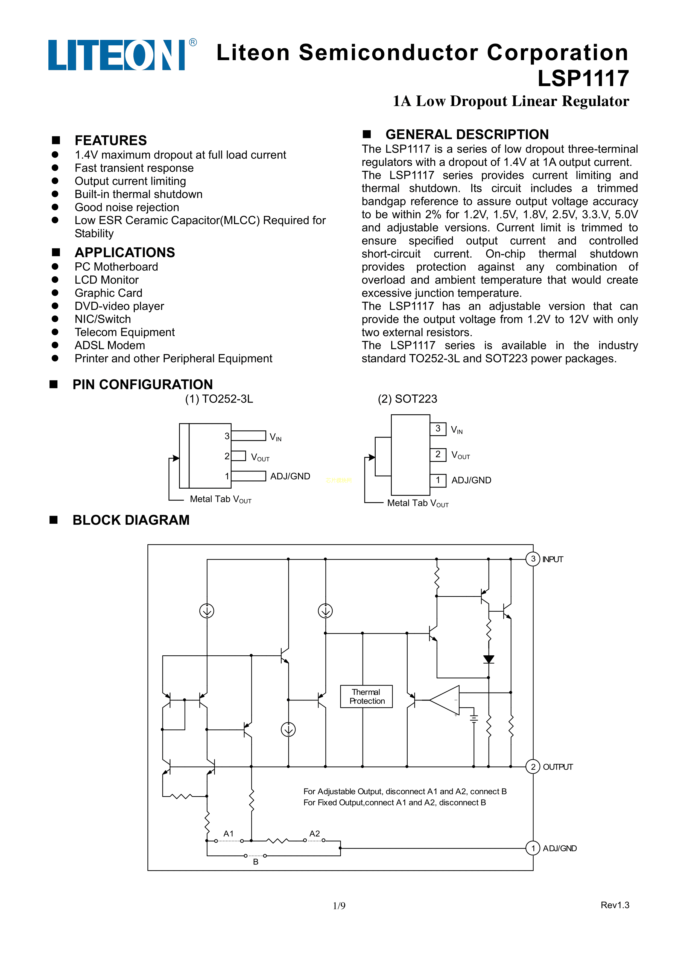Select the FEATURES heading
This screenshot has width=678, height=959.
click(x=111, y=140)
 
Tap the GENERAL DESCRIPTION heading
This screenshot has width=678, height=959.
click(x=467, y=134)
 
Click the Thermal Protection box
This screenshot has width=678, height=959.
click(x=366, y=696)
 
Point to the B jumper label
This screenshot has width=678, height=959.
click(x=256, y=862)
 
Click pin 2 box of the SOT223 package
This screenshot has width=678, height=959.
click(x=438, y=454)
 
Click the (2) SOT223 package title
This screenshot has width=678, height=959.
click(x=407, y=399)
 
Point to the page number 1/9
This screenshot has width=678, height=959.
click(x=339, y=905)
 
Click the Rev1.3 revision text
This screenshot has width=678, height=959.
click(x=615, y=905)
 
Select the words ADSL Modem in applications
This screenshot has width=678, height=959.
click(x=110, y=345)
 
